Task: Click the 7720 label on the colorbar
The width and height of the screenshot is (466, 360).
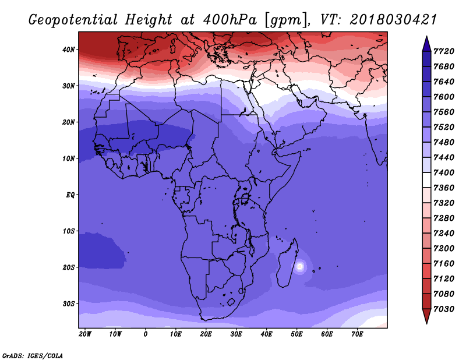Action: tap(444, 51)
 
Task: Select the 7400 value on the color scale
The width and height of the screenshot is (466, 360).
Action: tap(444, 172)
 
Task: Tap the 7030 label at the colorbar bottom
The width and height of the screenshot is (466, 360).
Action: tap(444, 309)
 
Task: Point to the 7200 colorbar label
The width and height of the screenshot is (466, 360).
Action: tap(444, 249)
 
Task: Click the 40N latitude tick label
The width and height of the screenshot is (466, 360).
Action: tap(69, 50)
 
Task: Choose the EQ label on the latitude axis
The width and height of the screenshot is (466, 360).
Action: tap(70, 195)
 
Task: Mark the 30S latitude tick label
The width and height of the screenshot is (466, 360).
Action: tap(69, 304)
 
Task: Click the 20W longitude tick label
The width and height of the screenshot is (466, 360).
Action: tap(85, 334)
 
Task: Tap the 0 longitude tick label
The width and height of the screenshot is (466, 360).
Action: tap(145, 334)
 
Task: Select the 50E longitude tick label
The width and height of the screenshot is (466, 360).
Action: tap(296, 334)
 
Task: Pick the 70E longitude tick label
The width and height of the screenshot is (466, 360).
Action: tap(357, 334)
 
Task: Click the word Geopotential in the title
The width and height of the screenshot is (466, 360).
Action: tap(73, 20)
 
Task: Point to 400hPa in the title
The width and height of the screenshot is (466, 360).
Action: tap(230, 20)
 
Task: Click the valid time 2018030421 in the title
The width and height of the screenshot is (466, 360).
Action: tap(393, 20)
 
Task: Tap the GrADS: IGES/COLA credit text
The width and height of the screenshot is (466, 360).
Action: tap(33, 355)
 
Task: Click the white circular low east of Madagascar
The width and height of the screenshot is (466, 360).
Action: tap(300, 267)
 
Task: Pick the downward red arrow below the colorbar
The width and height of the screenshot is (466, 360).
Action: tap(426, 316)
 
